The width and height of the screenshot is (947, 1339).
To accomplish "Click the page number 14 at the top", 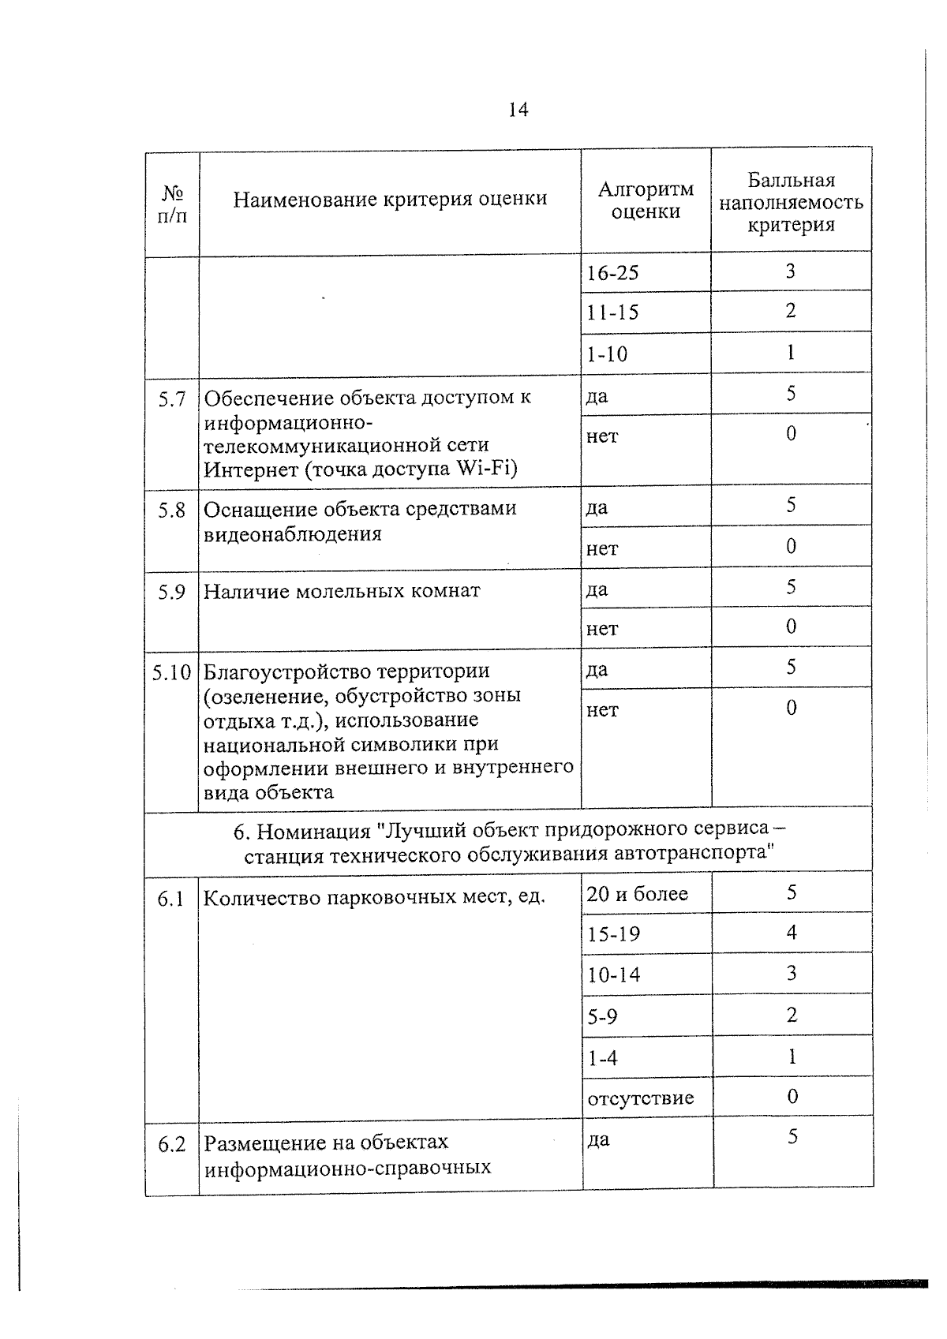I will point(518,110).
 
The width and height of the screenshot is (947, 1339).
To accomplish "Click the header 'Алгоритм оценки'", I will point(646,200).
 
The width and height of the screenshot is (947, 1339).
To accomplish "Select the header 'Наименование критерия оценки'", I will point(390,199).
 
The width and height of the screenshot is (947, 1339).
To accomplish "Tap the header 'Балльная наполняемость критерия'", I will point(791,203).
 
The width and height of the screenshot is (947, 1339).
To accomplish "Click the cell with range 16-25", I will point(613,273).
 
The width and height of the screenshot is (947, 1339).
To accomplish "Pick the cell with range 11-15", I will point(613,312).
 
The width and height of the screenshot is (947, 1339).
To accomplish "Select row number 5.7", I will point(171,399).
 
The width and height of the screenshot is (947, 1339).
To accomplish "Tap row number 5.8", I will point(171,511).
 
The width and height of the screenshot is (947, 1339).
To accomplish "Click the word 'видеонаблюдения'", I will point(293,534).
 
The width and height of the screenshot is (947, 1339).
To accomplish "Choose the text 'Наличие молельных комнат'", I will point(342,591).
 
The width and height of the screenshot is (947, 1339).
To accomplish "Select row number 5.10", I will point(171,672).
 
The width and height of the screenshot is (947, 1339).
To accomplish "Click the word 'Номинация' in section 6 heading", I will point(313,831).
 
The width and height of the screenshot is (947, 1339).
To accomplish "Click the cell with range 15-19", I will point(613,934).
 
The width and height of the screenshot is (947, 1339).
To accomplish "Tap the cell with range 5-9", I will point(602,1016).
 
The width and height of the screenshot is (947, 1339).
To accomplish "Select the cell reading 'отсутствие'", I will point(640,1098).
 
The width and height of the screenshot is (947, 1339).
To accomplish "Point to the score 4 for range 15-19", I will point(792,933).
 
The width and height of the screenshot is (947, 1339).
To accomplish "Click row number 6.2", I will point(171,1144).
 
